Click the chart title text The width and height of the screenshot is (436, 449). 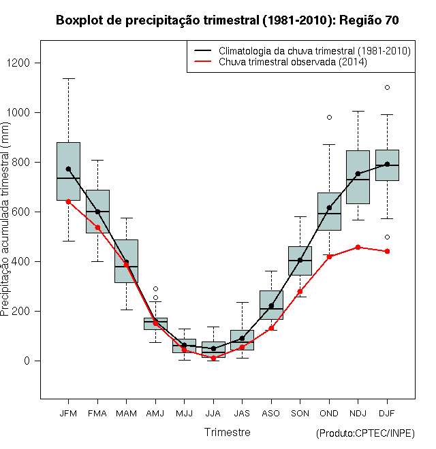[227, 20]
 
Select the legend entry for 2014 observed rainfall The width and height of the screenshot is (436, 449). [281, 62]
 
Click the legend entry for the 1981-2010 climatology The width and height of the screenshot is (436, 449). [302, 51]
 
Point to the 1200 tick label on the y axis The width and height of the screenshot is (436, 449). [18, 63]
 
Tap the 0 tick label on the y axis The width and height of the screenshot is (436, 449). [27, 361]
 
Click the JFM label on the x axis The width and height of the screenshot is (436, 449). [68, 414]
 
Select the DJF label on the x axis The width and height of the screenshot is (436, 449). [387, 414]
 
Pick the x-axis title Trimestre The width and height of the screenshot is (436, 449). [227, 432]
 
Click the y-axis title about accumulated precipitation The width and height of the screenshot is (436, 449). [5, 219]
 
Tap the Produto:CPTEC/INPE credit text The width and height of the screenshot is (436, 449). [365, 433]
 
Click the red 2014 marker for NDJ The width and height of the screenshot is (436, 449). [358, 247]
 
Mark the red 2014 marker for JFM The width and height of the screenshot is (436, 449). [68, 202]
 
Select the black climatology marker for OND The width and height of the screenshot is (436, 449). [329, 207]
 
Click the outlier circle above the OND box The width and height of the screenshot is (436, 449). [329, 118]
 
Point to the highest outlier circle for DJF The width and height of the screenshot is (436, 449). [387, 87]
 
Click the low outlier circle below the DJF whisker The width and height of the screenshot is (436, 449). [387, 237]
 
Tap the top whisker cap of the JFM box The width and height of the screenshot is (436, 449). [69, 78]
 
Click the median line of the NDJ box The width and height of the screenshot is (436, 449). [358, 180]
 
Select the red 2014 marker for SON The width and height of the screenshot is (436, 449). [300, 291]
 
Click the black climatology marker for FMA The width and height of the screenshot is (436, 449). [98, 212]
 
